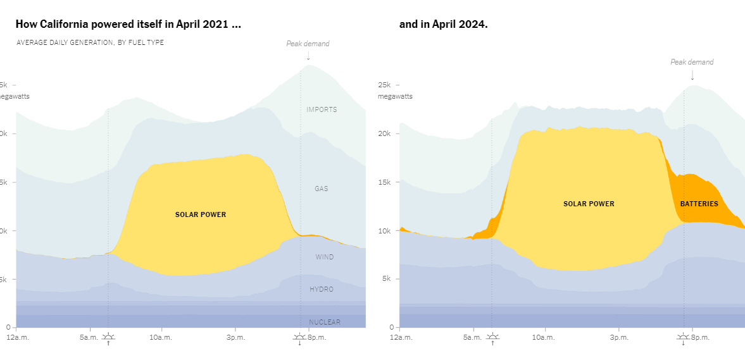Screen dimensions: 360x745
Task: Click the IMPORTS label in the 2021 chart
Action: pos(322,109)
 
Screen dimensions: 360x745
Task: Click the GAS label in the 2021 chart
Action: pos(322,189)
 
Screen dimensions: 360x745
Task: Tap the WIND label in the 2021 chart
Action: pos(325,257)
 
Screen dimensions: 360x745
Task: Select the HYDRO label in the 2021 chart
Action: pos(322,289)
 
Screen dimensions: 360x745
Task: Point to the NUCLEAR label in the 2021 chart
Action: pos(325,322)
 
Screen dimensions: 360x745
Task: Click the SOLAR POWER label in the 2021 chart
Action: pos(201,214)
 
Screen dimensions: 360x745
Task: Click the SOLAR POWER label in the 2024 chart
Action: pos(589,204)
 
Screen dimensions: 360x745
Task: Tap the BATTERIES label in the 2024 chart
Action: pos(699,204)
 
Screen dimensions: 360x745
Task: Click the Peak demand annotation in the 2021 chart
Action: pos(308,44)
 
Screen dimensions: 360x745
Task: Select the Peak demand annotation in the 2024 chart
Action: pos(692,62)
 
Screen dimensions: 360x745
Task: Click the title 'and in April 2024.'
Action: pos(443,25)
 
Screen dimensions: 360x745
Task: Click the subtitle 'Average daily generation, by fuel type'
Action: pos(90,42)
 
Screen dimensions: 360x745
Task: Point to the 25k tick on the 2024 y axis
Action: pos(385,85)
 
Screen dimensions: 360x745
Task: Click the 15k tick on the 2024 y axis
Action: pos(385,182)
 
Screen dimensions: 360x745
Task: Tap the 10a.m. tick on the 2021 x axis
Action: pos(161,337)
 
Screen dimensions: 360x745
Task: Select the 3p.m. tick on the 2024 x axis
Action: pos(619,337)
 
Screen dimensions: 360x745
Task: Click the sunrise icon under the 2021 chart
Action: pos(108,338)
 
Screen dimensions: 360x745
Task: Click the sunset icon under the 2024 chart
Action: pos(683,338)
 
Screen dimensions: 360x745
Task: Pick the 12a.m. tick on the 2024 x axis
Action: pos(401,337)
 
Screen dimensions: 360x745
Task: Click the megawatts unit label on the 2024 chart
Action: pos(395,96)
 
